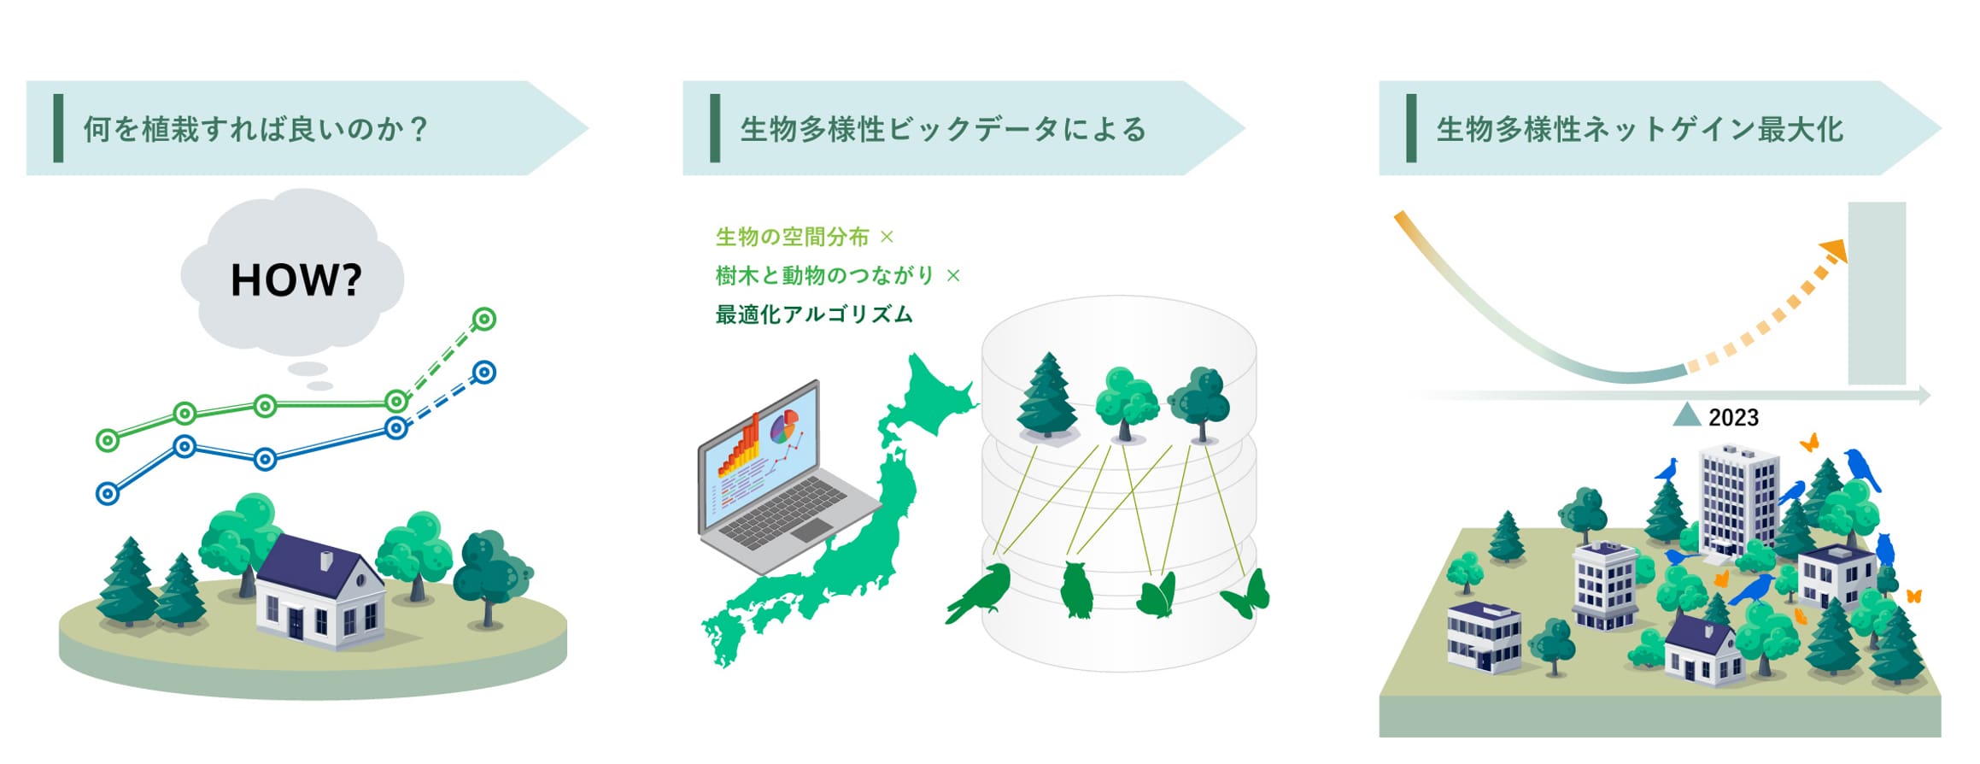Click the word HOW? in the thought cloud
(x=296, y=279)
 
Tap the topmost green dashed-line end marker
(x=484, y=320)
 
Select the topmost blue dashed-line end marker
(x=484, y=373)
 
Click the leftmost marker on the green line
(x=108, y=441)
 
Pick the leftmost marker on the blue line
(x=108, y=494)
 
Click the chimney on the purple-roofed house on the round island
(x=326, y=561)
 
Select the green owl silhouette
(x=1077, y=590)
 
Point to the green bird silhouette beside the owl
(x=981, y=591)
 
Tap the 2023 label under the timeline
(x=1733, y=418)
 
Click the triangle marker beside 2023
(x=1686, y=415)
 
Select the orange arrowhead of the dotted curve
(x=1835, y=250)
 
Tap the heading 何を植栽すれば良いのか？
(x=255, y=129)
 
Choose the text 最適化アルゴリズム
(x=814, y=314)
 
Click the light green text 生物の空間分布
(x=793, y=237)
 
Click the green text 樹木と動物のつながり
(x=825, y=275)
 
